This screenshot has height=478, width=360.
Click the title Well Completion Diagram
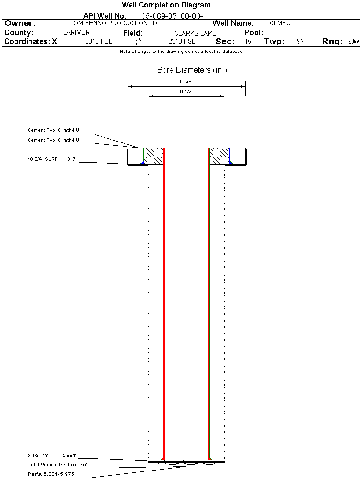click(166, 5)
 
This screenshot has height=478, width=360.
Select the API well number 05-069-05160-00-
click(172, 16)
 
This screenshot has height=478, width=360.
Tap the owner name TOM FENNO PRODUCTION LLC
click(115, 23)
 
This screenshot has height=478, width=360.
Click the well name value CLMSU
click(280, 23)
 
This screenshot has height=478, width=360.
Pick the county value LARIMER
click(76, 33)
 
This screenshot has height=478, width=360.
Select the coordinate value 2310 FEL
click(98, 42)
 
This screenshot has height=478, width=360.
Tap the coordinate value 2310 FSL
click(182, 42)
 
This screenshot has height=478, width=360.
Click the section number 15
click(248, 42)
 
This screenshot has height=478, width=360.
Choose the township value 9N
click(301, 42)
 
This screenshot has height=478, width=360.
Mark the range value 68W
click(353, 42)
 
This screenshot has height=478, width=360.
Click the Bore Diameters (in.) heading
click(192, 70)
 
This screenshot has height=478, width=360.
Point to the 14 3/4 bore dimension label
click(186, 82)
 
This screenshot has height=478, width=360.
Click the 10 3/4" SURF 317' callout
click(52, 160)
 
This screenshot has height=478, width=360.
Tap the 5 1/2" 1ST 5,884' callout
click(51, 455)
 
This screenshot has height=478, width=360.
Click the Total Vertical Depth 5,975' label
click(57, 465)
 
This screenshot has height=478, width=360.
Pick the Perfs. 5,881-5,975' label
click(51, 474)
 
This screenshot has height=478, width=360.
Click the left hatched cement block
click(153, 156)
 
